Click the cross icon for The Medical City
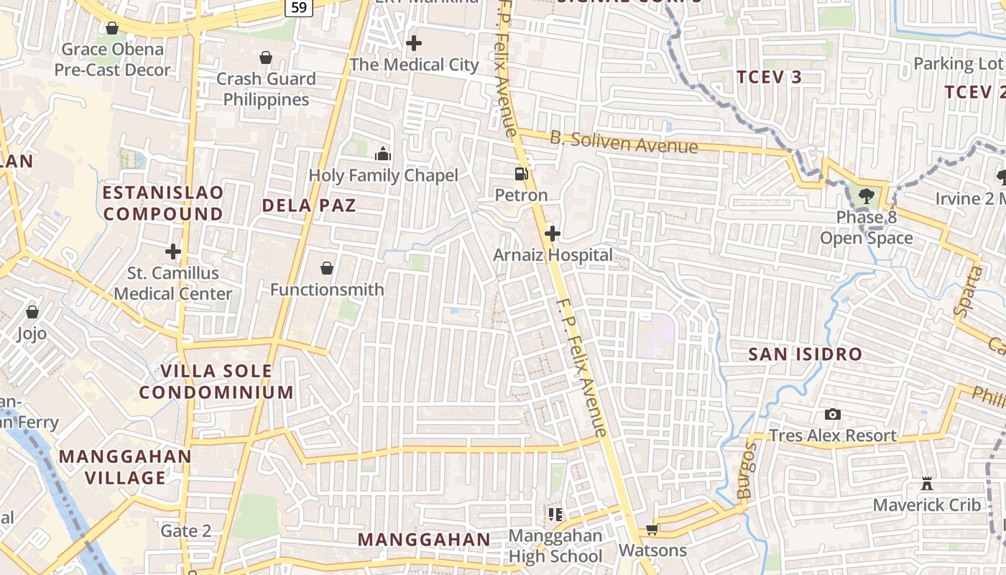[x=414, y=43]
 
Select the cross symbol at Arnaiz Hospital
[x=553, y=234]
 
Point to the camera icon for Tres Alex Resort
[x=833, y=414]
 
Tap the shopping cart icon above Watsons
[x=652, y=530]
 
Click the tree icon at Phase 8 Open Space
[x=867, y=195]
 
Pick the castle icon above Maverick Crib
[x=927, y=484]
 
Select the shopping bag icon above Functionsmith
[x=327, y=268]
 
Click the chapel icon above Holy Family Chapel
[x=383, y=154]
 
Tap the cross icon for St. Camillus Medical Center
[x=172, y=252]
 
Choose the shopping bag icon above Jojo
[x=32, y=312]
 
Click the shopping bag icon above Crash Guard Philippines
[x=266, y=57]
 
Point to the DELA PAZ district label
[x=309, y=206]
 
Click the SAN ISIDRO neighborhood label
[x=805, y=354]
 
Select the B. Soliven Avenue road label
[x=624, y=142]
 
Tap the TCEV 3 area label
[x=769, y=77]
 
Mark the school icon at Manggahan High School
[x=555, y=514]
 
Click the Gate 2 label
[x=186, y=531]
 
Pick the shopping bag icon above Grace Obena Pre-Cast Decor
[x=112, y=28]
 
